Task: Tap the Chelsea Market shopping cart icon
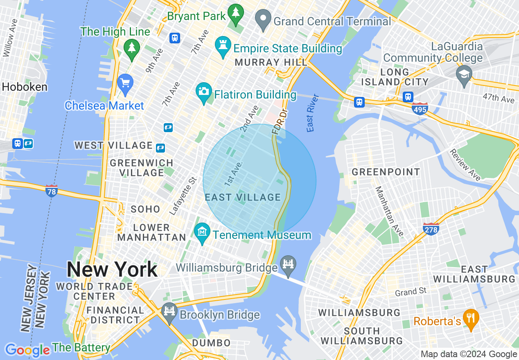[125, 83]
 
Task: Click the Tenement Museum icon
[202, 232]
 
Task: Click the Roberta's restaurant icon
[471, 319]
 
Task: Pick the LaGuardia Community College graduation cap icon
[464, 75]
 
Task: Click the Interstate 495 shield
[420, 109]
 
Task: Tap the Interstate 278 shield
[431, 229]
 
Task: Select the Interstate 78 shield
[51, 191]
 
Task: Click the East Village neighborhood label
[243, 198]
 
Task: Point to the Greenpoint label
[386, 172]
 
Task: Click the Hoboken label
[25, 87]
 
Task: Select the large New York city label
[112, 270]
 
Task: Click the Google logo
[27, 350]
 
